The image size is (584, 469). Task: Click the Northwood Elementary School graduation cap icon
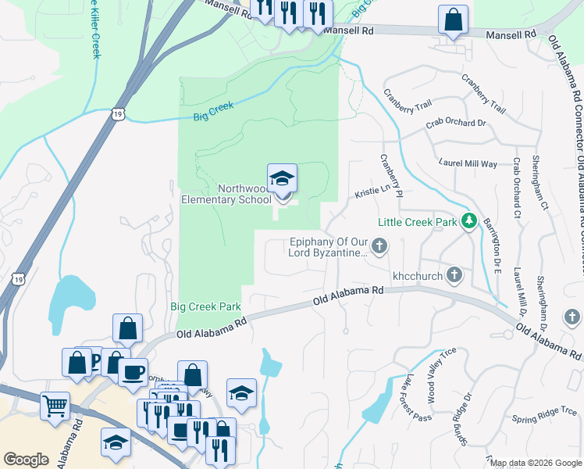point(282,179)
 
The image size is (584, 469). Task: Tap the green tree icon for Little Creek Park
point(468,222)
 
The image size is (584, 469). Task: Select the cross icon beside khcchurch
point(454,275)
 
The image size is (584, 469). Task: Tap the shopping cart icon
point(55,405)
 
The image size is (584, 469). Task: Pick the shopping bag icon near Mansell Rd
point(453,19)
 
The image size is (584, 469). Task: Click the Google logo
point(26,460)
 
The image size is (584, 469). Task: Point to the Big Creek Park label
point(206,307)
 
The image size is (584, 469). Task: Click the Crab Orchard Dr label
point(456,124)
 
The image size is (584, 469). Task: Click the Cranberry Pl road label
point(390,175)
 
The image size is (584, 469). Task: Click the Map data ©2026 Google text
point(535,463)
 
